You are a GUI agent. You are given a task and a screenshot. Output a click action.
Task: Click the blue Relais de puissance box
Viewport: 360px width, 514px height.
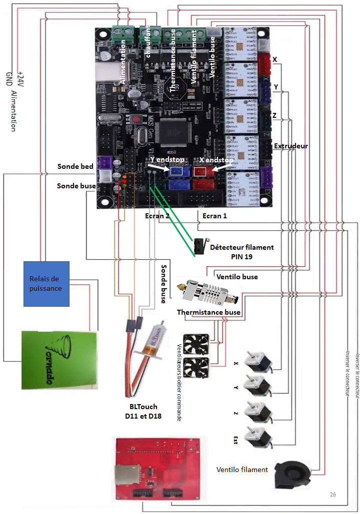46,284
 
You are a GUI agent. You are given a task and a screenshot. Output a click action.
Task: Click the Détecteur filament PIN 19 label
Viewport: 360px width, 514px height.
241,251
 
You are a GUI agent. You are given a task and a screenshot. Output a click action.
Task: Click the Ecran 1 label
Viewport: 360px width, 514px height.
215,216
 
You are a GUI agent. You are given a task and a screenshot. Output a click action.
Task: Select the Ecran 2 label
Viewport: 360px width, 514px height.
157,216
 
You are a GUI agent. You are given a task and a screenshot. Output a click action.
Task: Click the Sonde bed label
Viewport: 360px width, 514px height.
75,166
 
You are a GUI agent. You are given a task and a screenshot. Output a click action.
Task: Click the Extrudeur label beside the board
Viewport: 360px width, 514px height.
290,146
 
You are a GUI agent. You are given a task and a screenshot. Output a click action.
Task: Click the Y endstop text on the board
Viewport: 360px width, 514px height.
166,160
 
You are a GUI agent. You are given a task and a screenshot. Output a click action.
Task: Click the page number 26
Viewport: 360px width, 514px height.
333,494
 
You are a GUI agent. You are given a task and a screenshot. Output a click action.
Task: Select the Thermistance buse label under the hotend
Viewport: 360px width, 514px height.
208,312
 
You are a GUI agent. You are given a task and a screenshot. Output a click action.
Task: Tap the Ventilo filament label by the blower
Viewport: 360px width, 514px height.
242,470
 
